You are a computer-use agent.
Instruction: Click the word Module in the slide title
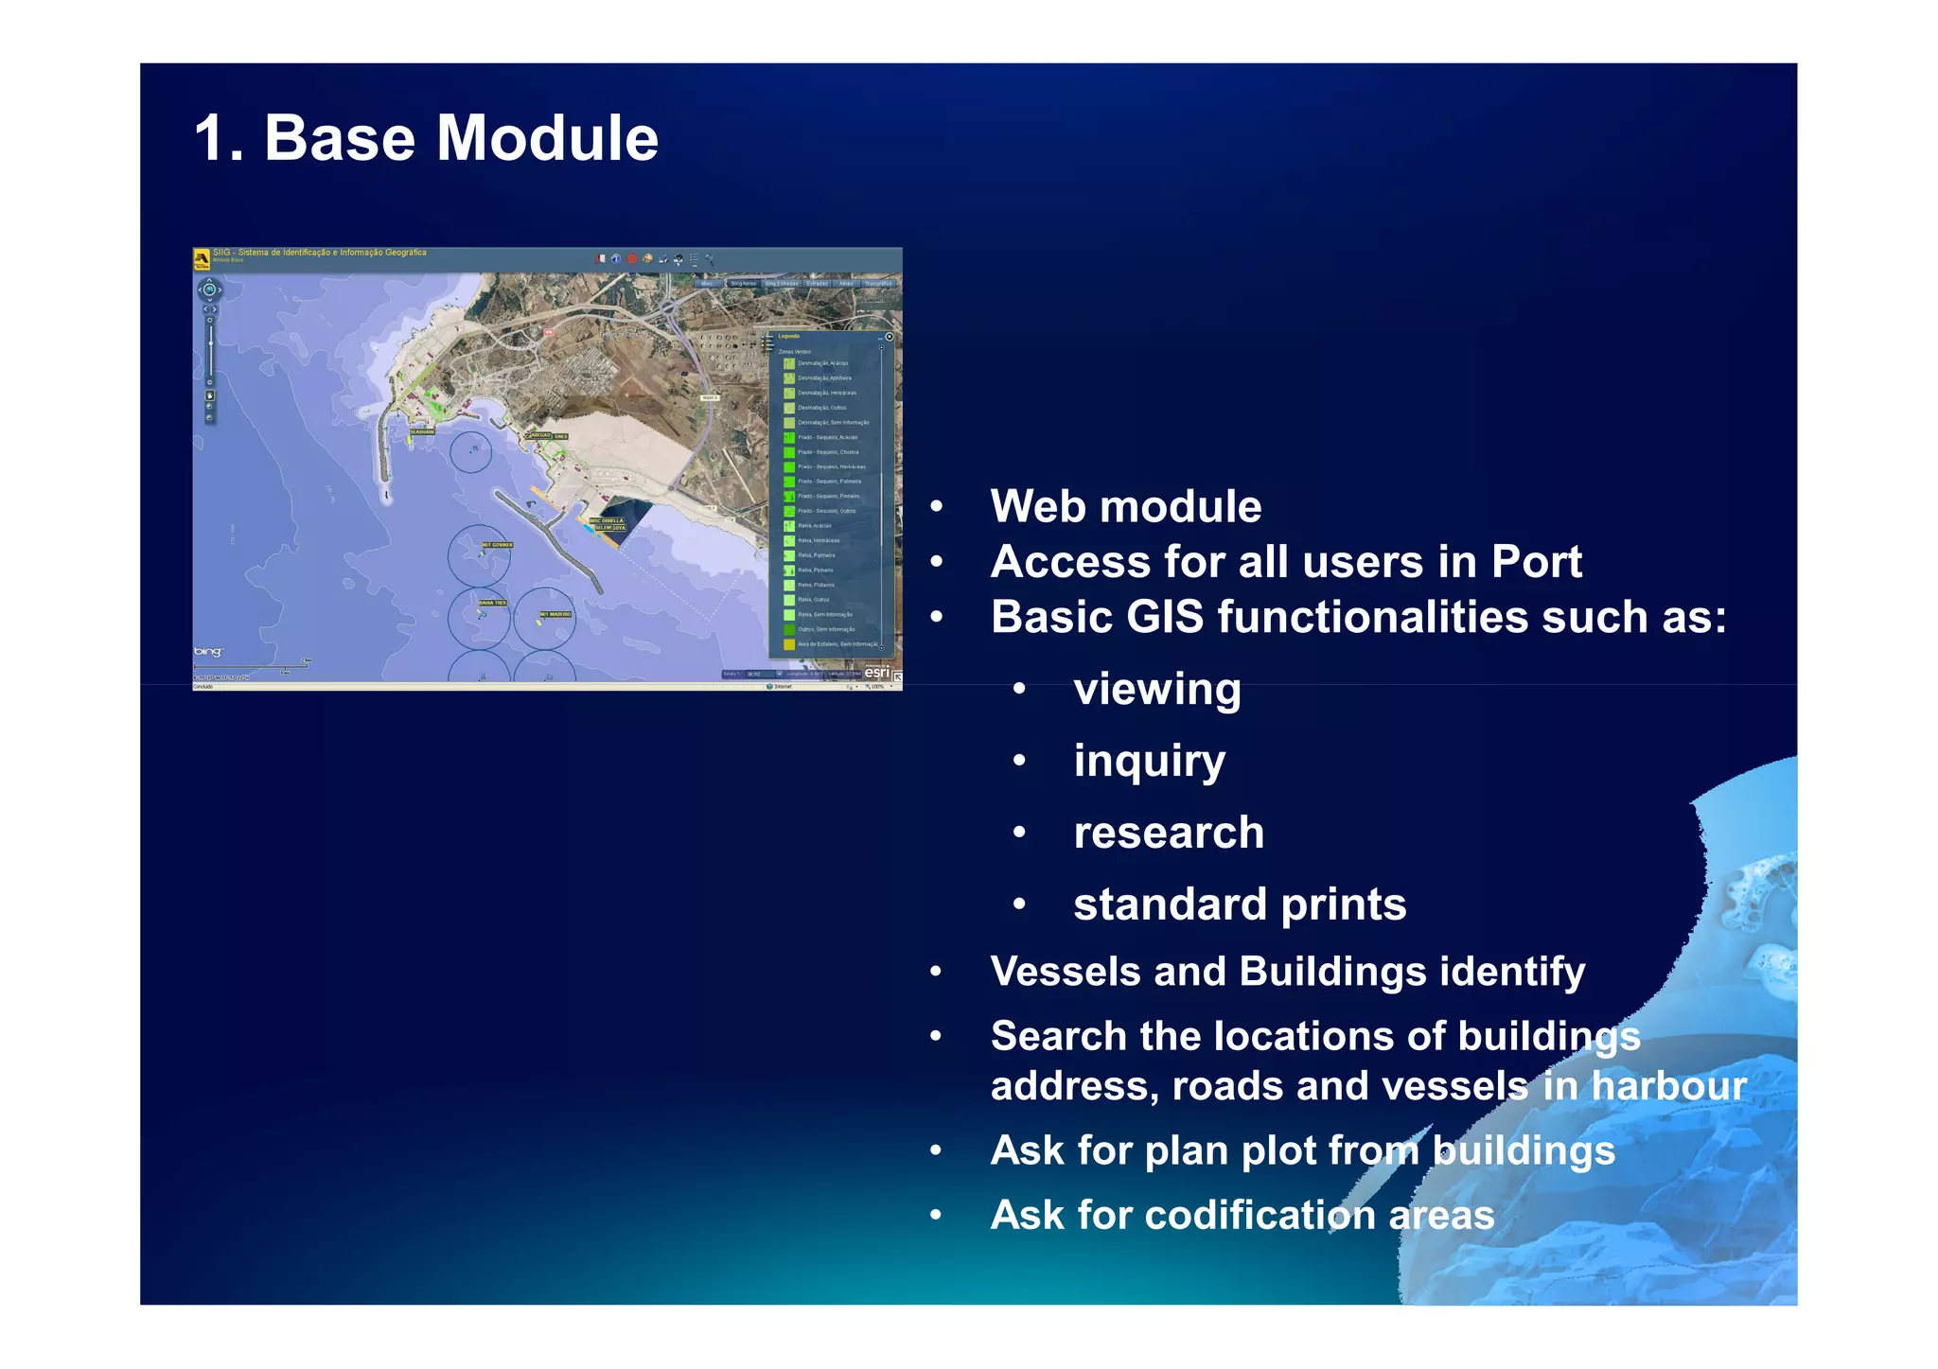[546, 138]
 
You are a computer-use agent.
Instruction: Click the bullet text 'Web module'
[1125, 506]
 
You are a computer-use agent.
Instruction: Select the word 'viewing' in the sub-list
[1156, 689]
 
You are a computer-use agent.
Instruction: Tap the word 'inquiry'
[1149, 761]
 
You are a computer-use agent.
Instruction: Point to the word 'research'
[1168, 833]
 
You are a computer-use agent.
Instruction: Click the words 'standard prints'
[1239, 904]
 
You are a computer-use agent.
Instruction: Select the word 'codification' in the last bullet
[1259, 1215]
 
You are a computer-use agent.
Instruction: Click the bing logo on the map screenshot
[207, 652]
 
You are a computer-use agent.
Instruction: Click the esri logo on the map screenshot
[876, 672]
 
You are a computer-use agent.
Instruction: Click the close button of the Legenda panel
[889, 337]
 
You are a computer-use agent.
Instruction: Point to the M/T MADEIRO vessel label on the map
[555, 614]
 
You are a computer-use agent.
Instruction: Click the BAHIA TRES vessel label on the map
[492, 603]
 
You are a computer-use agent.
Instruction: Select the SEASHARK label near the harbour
[422, 431]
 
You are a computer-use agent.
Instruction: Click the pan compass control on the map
[209, 290]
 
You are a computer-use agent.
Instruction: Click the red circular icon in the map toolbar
[632, 258]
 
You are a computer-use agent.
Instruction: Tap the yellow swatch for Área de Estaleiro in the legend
[788, 644]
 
